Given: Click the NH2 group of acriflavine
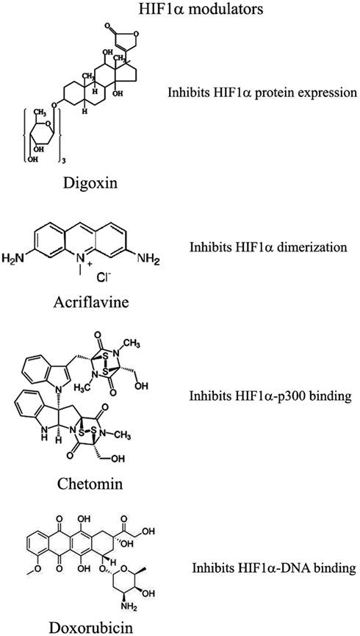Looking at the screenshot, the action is tap(147, 257).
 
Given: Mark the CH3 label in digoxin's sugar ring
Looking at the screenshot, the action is tap(38, 111).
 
